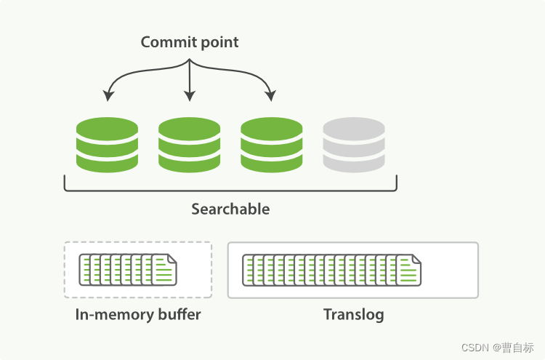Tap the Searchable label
230,209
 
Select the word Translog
353,315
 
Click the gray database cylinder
354,145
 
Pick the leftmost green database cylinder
107,145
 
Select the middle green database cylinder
189,145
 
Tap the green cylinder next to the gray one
271,145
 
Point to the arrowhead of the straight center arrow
190,97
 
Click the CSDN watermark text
476,347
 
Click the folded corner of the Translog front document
416,259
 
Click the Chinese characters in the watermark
518,347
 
